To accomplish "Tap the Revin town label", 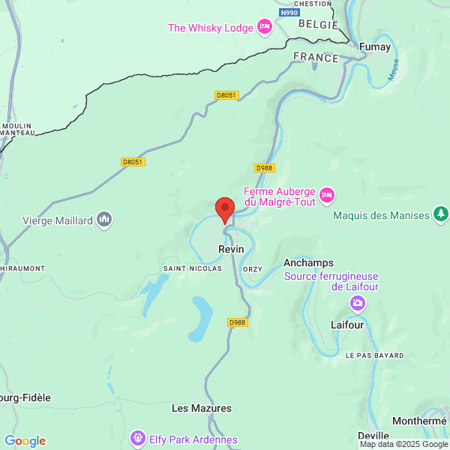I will (x=231, y=249).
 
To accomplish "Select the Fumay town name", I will (x=375, y=46).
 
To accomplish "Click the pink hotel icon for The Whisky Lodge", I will (x=264, y=28).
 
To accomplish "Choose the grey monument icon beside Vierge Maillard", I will (x=104, y=220).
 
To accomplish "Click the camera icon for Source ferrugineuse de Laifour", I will (x=358, y=303).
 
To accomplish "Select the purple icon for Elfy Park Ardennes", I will (x=137, y=437).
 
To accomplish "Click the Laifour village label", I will (x=347, y=325).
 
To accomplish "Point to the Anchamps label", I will (x=307, y=262).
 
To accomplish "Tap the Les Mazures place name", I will (x=202, y=409).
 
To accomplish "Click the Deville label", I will (x=373, y=436).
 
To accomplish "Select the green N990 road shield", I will (x=288, y=13).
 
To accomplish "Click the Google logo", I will (x=25, y=441).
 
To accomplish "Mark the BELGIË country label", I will (x=319, y=24).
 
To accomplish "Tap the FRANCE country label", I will (x=316, y=57).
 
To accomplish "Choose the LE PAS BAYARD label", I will (x=374, y=355).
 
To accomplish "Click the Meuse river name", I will (x=392, y=72).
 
